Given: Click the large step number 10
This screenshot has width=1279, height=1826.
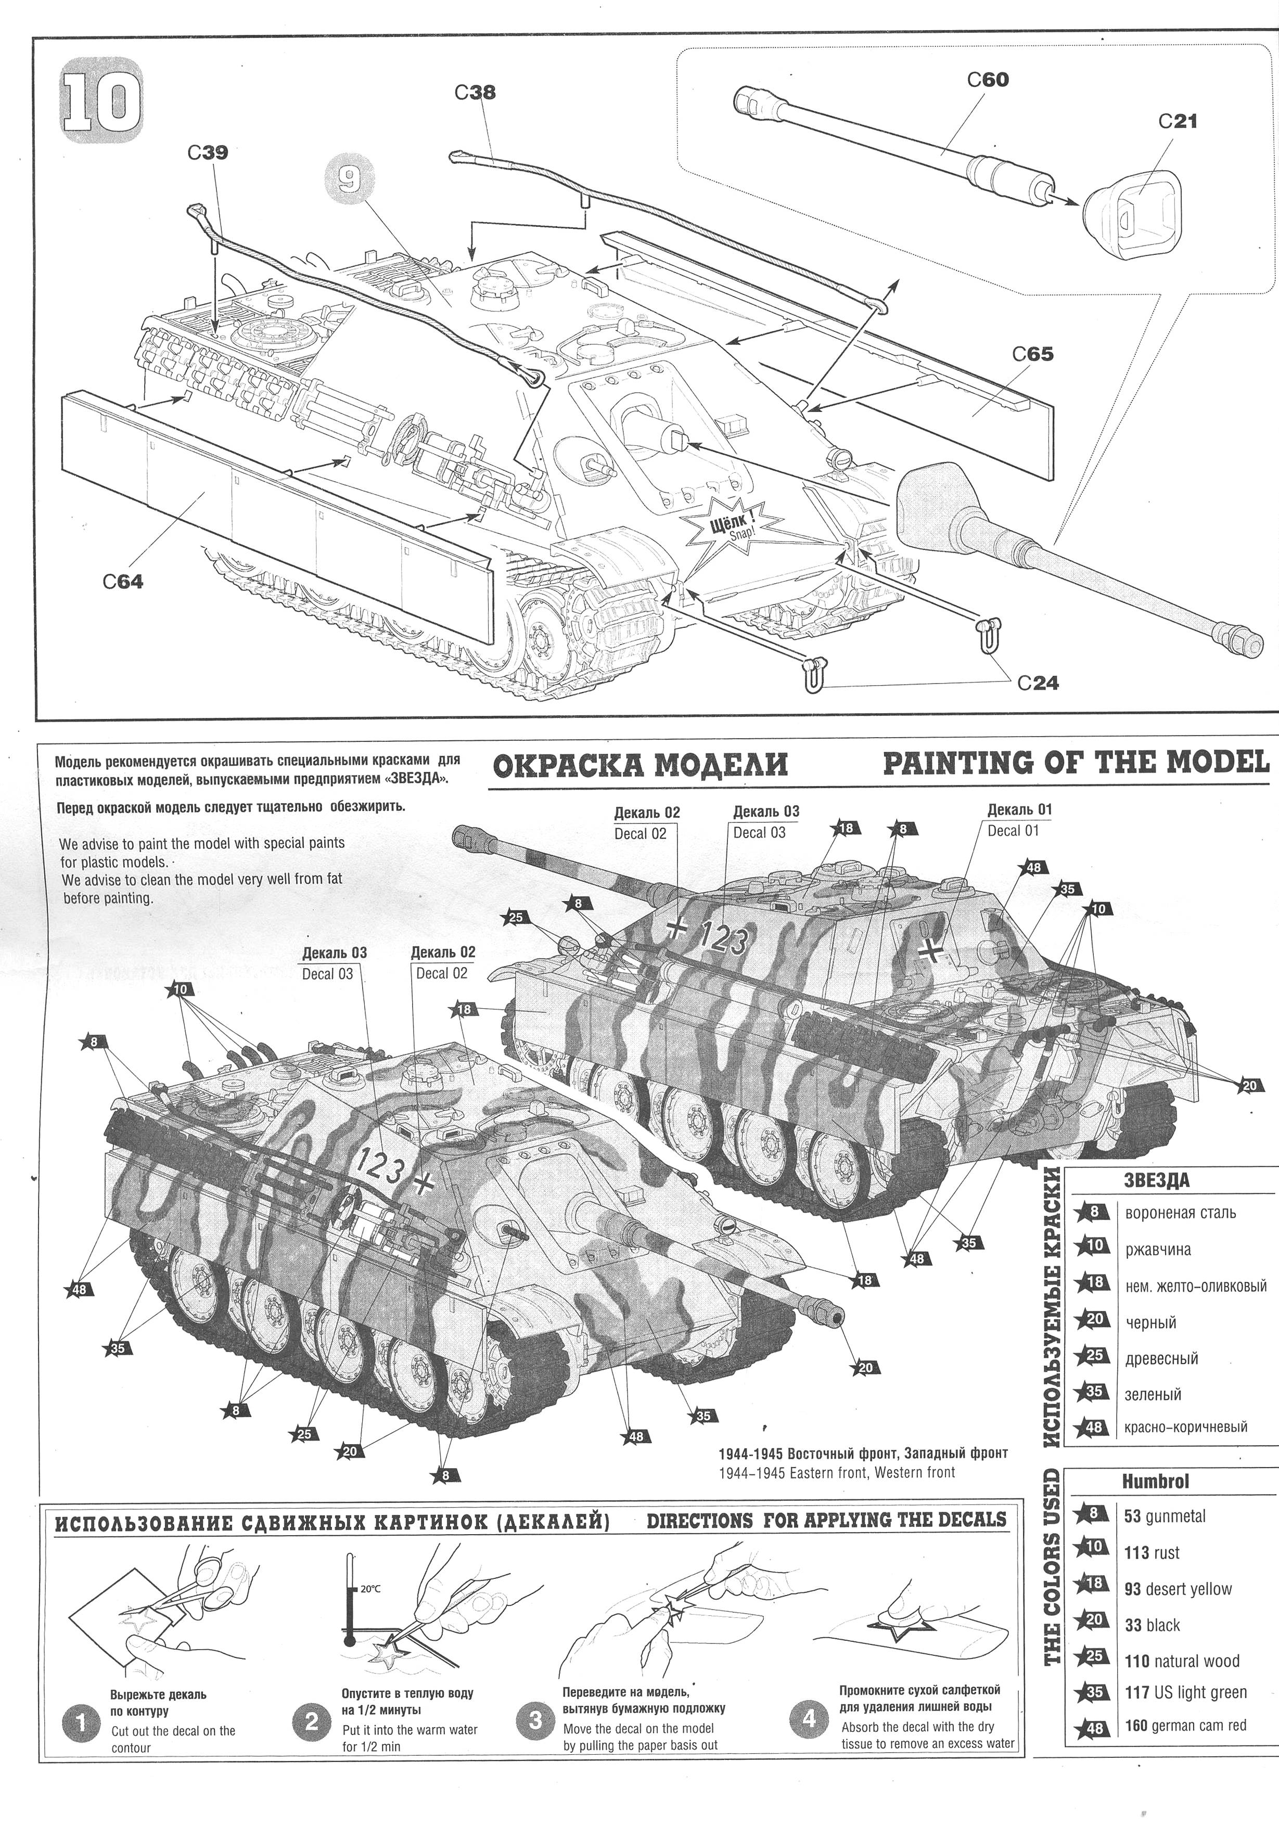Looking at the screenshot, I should (x=102, y=102).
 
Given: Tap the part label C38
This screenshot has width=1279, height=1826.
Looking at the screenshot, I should (x=475, y=92).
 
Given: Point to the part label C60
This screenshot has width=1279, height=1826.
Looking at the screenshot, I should (x=988, y=80).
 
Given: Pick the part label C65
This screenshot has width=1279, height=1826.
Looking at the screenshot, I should (x=1033, y=353).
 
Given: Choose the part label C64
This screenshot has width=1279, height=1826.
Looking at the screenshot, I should (x=123, y=582).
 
